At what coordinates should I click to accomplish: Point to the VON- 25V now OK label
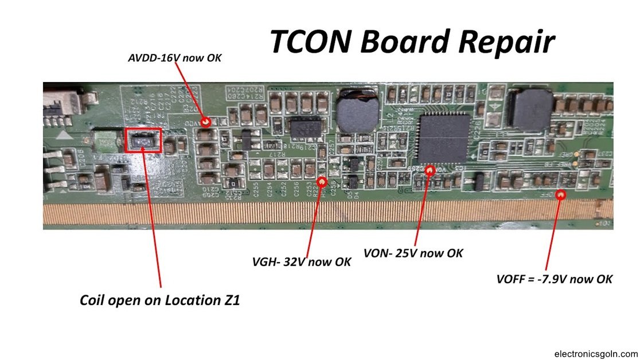tap(413, 253)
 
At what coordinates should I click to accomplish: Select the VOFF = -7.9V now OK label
tap(555, 279)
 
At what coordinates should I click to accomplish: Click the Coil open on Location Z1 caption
tap(159, 300)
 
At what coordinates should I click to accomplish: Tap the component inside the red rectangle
tap(143, 140)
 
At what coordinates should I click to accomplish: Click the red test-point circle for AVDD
tap(206, 122)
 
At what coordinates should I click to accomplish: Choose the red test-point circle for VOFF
tap(561, 194)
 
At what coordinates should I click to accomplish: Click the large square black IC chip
tap(443, 138)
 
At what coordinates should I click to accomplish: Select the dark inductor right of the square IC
tap(531, 109)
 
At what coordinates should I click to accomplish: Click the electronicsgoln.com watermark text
tap(596, 354)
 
